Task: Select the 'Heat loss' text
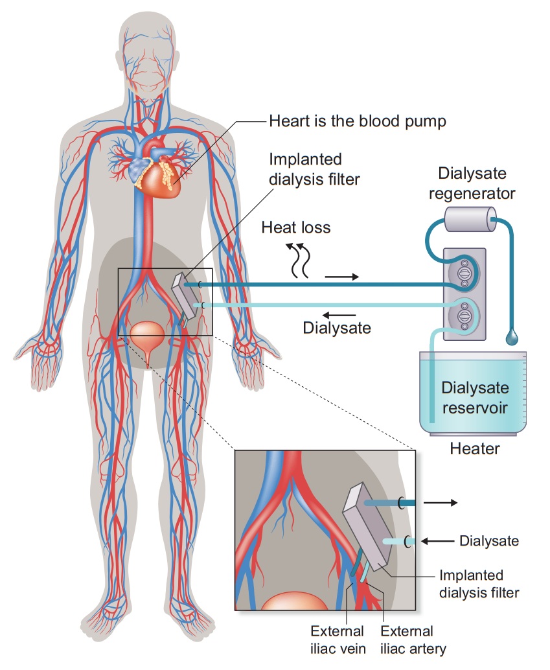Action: tap(296, 227)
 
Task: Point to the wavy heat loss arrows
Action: tap(299, 260)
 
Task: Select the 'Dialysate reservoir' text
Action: tap(475, 398)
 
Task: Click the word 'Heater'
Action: tap(475, 448)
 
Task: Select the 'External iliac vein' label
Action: tap(337, 639)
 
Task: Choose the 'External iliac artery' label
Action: tap(407, 639)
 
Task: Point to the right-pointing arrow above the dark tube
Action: tap(341, 277)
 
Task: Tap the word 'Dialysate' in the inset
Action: tap(489, 540)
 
